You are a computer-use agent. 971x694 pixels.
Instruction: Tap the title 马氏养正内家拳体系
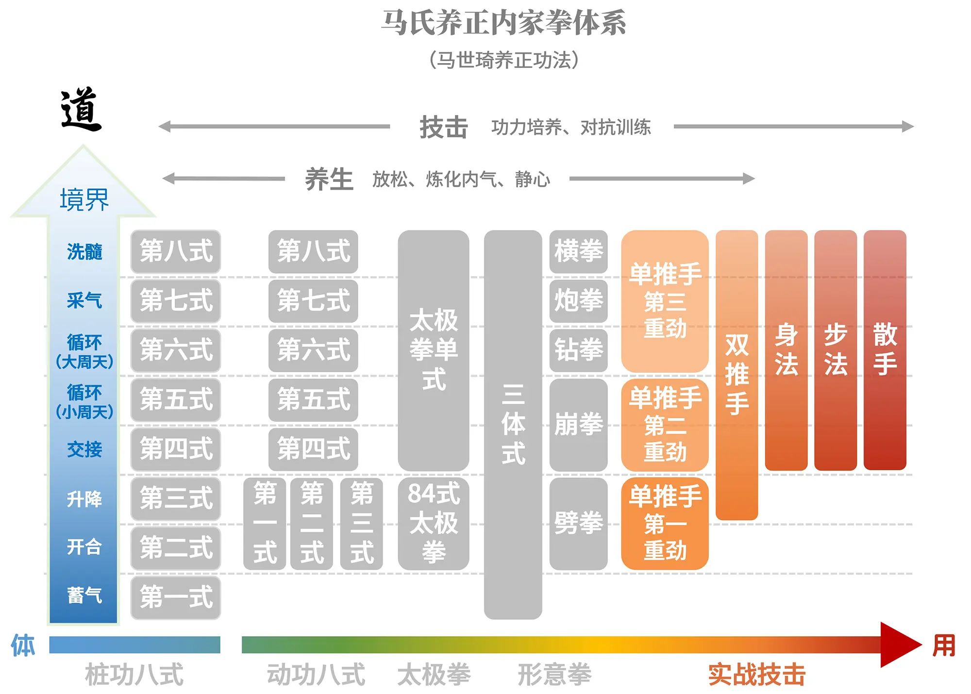pos(503,23)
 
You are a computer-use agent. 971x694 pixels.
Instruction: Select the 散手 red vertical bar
pos(885,349)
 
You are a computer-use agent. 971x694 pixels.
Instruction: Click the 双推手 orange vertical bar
pos(737,374)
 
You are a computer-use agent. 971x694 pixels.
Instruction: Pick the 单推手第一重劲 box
pos(665,523)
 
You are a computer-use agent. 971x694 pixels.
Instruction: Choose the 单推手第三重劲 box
pos(665,301)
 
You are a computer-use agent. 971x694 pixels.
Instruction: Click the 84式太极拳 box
pos(433,523)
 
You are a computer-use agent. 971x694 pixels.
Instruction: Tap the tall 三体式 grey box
pos(513,424)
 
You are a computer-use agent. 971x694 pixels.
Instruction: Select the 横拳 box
pos(578,251)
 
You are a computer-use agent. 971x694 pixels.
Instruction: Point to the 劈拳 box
pos(578,523)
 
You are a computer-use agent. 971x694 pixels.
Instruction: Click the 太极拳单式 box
pos(433,349)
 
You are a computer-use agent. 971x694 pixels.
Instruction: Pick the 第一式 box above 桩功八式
pos(176,597)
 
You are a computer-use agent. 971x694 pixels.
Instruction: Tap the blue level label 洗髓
pos(84,252)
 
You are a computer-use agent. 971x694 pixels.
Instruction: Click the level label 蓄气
pos(84,595)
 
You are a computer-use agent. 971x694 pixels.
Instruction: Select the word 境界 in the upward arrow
pos(84,199)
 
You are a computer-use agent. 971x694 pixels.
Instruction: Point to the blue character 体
pos(23,645)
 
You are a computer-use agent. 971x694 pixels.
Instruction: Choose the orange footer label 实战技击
pos(756,675)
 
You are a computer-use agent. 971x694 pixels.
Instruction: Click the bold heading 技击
pos(443,128)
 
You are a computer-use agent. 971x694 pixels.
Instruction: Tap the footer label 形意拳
pos(554,675)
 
